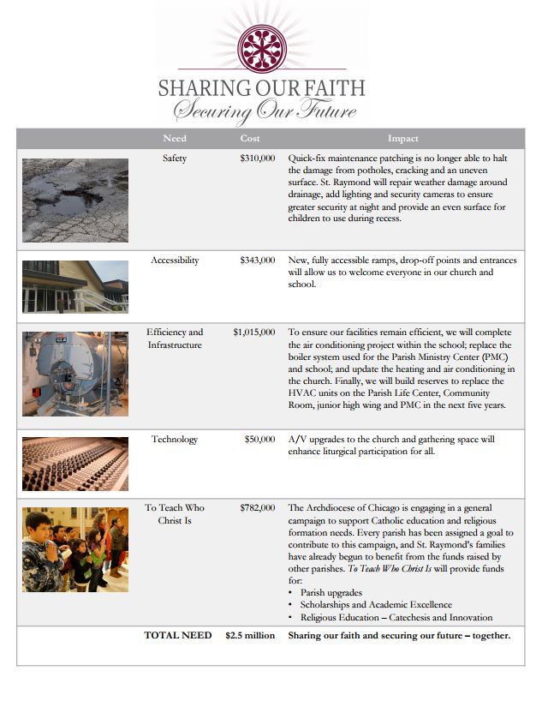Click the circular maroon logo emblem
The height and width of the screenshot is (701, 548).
click(x=260, y=44)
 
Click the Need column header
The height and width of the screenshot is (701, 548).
click(x=175, y=139)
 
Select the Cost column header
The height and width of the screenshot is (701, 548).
click(x=250, y=139)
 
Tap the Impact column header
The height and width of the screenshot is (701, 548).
click(x=402, y=139)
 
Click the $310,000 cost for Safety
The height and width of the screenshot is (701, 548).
click(x=257, y=159)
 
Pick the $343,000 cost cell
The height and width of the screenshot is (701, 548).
click(x=257, y=260)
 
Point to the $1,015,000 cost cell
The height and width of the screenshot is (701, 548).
click(x=253, y=332)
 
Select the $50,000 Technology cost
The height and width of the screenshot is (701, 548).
click(x=259, y=440)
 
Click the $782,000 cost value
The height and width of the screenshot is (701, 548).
click(x=257, y=508)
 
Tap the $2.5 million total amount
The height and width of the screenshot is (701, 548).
click(x=250, y=636)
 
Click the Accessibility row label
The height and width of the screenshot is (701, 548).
click(x=175, y=260)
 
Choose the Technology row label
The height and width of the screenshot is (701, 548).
click(x=175, y=440)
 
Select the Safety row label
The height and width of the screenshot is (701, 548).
click(x=175, y=159)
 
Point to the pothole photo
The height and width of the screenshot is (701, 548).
click(x=75, y=200)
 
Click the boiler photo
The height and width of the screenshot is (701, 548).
click(x=75, y=373)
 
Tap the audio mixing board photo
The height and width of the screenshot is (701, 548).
click(x=75, y=464)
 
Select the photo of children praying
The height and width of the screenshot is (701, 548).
click(x=75, y=549)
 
